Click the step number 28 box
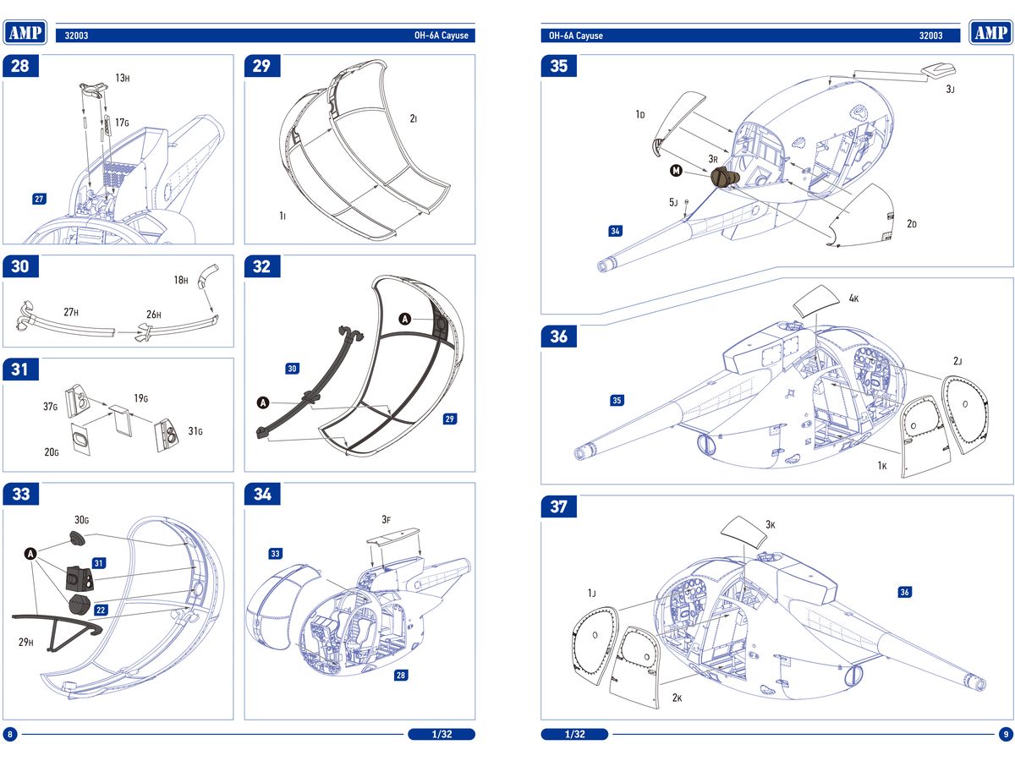(x=20, y=66)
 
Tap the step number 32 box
(x=262, y=266)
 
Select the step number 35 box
(x=559, y=66)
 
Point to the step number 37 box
(x=559, y=506)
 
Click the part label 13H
(x=123, y=78)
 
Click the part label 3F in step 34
(x=386, y=519)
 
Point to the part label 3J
(x=951, y=90)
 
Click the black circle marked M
(x=676, y=171)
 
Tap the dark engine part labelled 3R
(x=725, y=178)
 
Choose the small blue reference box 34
(x=616, y=231)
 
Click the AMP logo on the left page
(x=26, y=32)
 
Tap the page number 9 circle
(x=1004, y=734)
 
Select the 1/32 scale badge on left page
(x=442, y=734)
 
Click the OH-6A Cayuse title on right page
(x=575, y=36)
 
